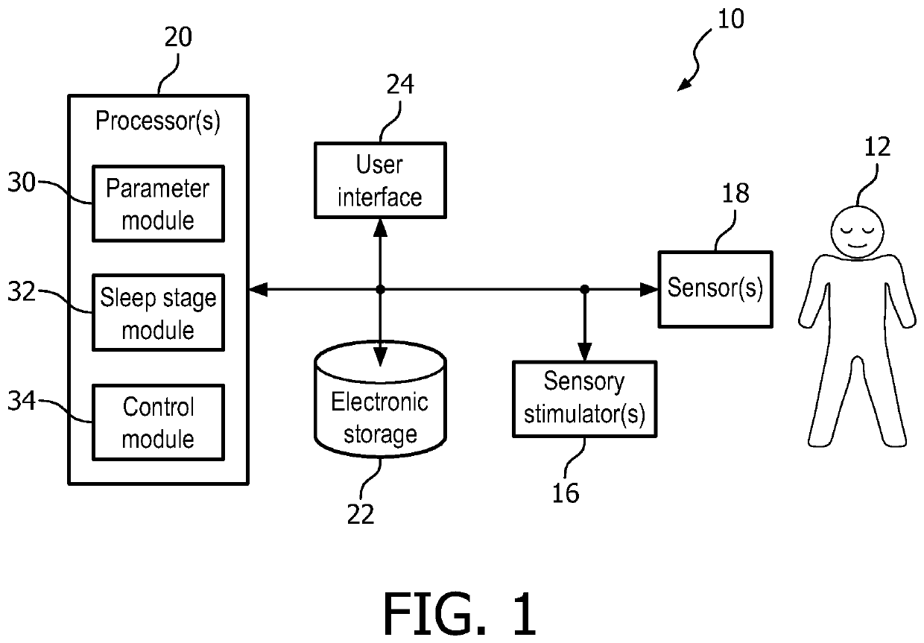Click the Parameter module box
point(158,203)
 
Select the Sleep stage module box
point(158,313)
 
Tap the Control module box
point(158,422)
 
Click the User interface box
point(380,180)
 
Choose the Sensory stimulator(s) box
point(584,399)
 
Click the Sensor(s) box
point(715,288)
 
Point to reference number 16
point(566,492)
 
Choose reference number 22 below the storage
point(361,513)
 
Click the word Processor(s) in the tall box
point(158,121)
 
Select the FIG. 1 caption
point(460,613)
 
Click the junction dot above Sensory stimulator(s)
point(585,288)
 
